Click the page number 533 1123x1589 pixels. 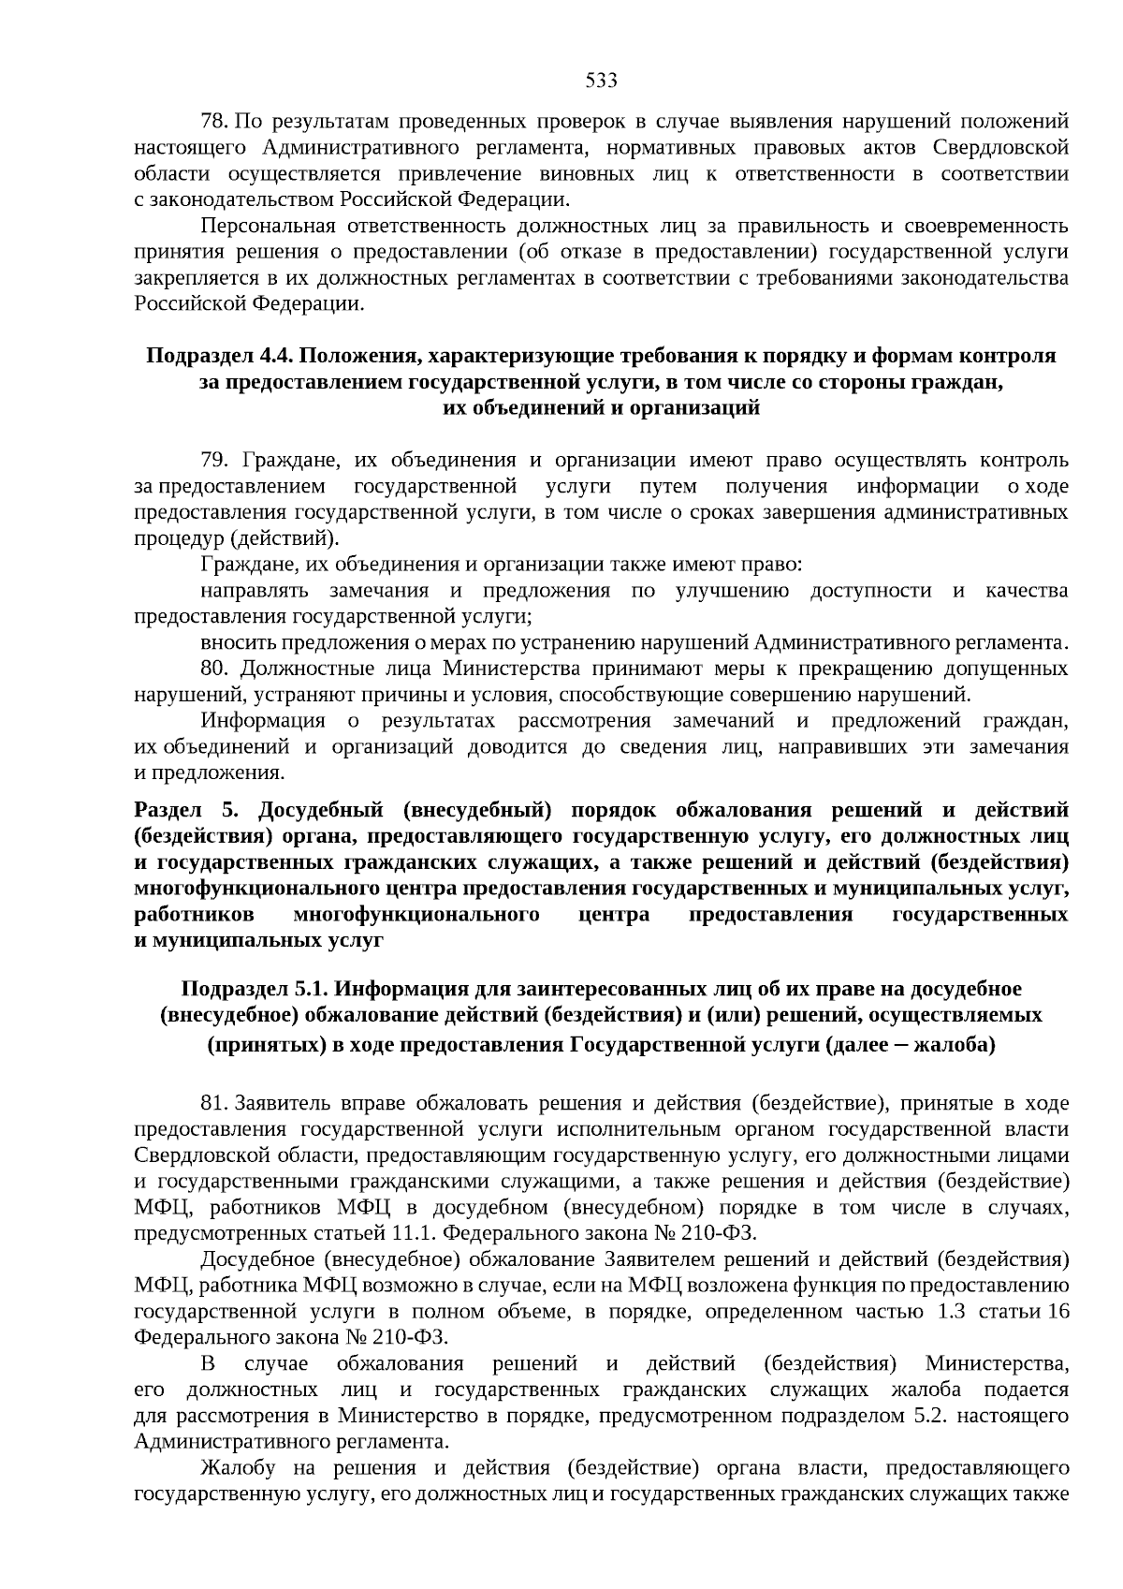601,81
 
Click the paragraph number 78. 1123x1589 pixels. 214,122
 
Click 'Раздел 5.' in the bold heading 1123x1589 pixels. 188,809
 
